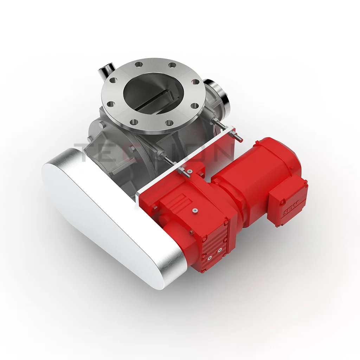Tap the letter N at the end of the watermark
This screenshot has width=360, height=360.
click(225, 152)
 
